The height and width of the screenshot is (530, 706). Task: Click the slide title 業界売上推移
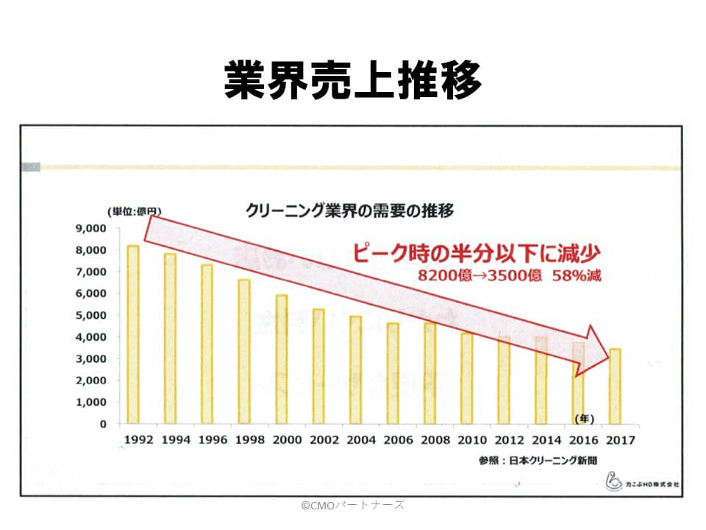coord(353,79)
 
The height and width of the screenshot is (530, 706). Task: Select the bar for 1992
coord(133,335)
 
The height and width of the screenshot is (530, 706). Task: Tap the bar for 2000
coord(281,359)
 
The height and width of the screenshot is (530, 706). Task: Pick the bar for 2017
coord(615,386)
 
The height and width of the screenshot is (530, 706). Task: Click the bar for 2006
coord(393,373)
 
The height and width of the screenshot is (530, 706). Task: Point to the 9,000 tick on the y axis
coord(92,228)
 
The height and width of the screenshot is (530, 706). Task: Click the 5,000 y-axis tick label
coord(92,315)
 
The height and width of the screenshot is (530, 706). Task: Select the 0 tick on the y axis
coord(103,424)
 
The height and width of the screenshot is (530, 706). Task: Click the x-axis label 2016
coord(583,440)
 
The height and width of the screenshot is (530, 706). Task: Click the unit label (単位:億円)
coord(135,212)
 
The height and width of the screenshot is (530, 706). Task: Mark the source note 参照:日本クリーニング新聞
coord(536,460)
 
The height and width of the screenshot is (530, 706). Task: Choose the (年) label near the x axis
coord(584,418)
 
